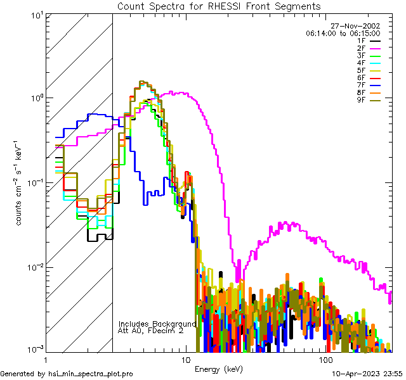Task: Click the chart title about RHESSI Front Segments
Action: [x=218, y=6]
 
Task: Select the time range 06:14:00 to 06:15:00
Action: [x=343, y=34]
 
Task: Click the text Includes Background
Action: [x=157, y=324]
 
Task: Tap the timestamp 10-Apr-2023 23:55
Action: [x=366, y=374]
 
